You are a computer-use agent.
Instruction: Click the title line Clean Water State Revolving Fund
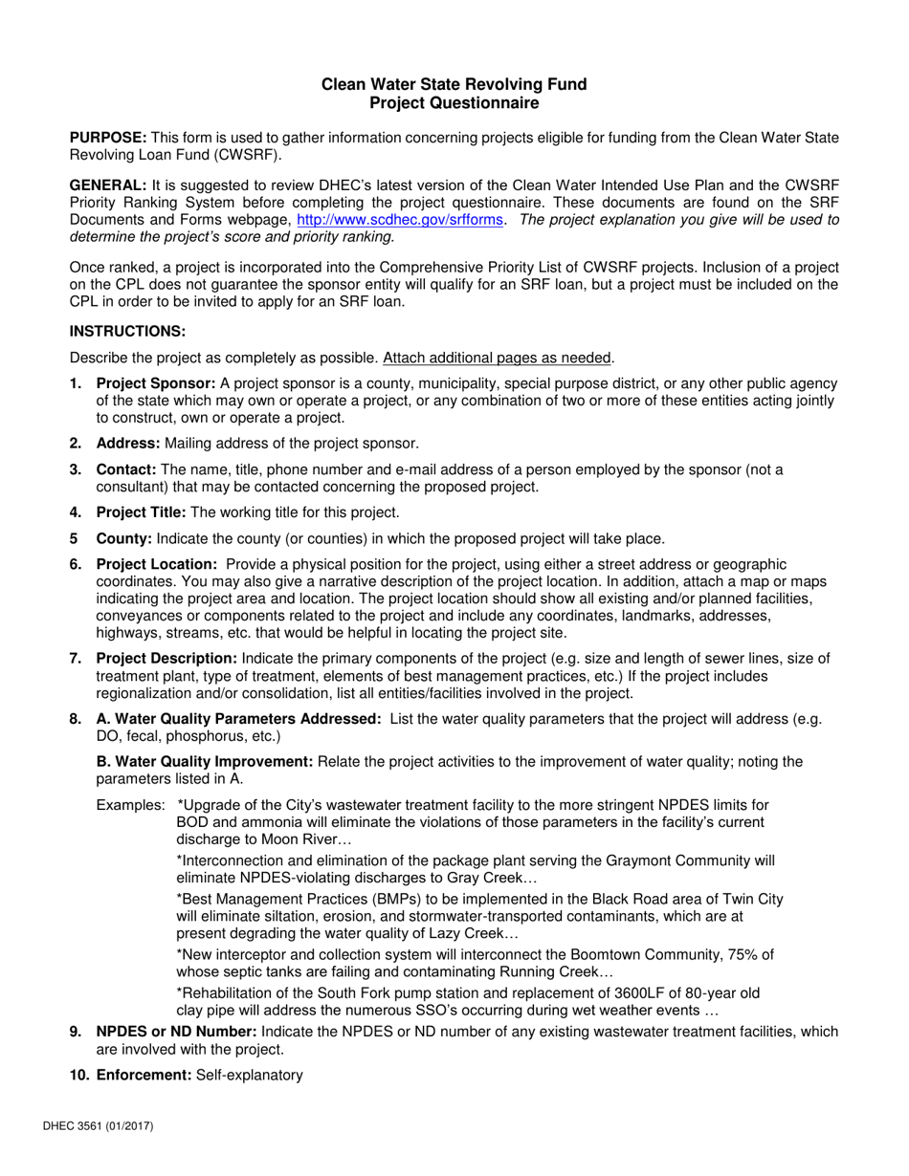[x=454, y=84]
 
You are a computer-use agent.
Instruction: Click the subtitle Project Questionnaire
[x=454, y=102]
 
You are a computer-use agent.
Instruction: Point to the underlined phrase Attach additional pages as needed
[x=498, y=358]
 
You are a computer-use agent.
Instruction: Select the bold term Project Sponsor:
[x=156, y=383]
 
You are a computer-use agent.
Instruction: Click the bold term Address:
[x=128, y=443]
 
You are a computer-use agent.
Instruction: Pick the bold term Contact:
[x=126, y=469]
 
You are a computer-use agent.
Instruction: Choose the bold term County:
[x=124, y=538]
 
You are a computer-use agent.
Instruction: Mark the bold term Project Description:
[x=167, y=658]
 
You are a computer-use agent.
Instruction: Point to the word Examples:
[x=130, y=805]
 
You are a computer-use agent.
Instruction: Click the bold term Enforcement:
[x=144, y=1075]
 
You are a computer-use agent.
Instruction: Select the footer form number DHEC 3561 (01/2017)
[x=112, y=1126]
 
